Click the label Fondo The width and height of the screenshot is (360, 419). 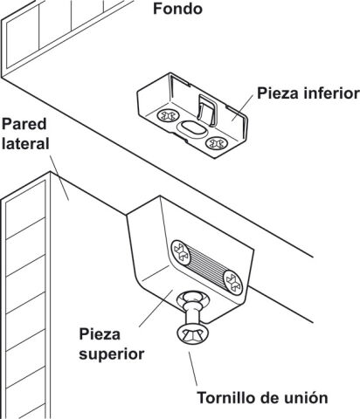click(177, 9)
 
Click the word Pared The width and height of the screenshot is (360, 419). click(24, 124)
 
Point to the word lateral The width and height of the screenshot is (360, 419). click(25, 144)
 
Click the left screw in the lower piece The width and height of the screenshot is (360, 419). click(167, 115)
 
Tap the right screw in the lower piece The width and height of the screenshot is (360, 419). click(216, 143)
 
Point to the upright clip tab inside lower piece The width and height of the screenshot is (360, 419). click(207, 111)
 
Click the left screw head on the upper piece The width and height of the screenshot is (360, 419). click(181, 252)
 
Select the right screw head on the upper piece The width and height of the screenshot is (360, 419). click(233, 283)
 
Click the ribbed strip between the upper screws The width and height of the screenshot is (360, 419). click(207, 268)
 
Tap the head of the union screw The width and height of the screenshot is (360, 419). click(193, 334)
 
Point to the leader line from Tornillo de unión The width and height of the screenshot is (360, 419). click(193, 368)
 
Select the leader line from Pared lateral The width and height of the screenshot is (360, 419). click(59, 178)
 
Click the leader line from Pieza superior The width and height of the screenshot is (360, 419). click(156, 308)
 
